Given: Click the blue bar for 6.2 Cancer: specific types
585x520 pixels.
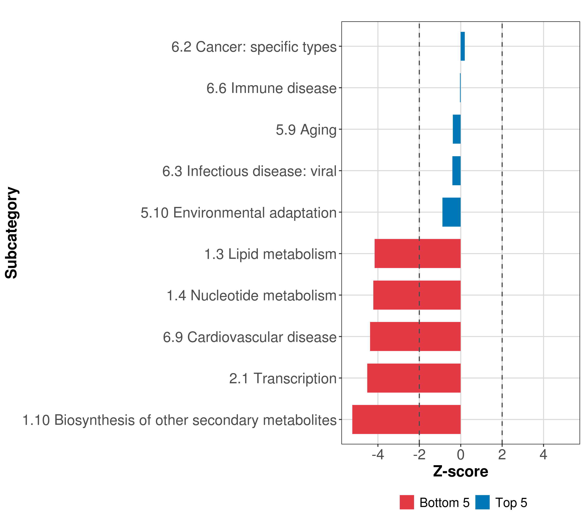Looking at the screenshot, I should pos(463,46).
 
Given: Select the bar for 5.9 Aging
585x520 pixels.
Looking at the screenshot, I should pos(457,129).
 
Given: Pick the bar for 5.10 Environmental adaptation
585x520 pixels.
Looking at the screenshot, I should pos(452,212).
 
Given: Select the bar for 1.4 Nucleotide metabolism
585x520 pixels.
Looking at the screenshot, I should pos(417,295).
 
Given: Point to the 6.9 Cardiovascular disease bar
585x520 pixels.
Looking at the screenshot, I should pos(415,336).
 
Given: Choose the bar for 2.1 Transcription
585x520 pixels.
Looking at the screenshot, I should pos(414,378).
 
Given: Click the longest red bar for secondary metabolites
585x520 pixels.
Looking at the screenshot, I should pos(406,419).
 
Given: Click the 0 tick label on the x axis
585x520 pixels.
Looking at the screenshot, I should pos(460,455).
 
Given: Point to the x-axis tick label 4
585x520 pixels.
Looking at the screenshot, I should pos(543,455).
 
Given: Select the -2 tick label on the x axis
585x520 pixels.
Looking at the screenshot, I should pos(419,455).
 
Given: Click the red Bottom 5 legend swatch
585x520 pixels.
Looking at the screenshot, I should pos(407,502).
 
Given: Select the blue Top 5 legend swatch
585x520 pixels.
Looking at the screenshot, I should pos(482,502).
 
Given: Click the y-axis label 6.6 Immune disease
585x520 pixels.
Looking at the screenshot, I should pos(271,88).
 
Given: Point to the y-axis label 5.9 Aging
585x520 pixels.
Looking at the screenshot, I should pos(306,130).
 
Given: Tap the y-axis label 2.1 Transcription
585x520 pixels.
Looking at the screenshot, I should pos(283,378).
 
